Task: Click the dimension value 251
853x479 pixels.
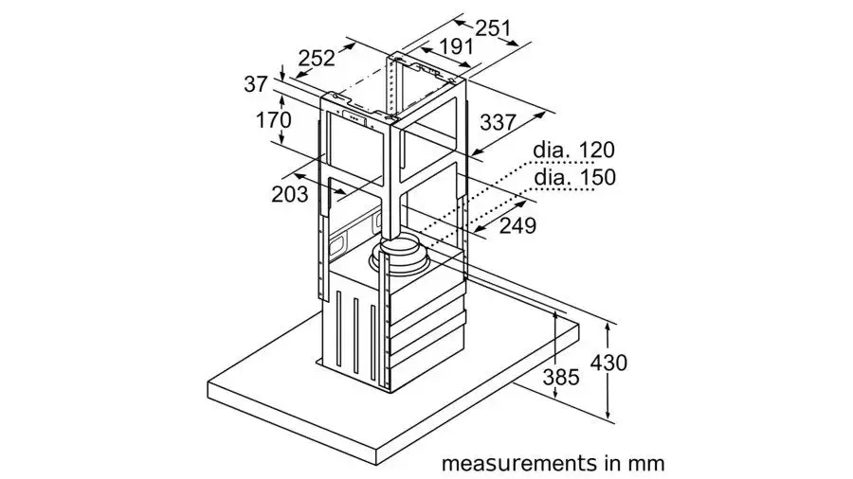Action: point(494,28)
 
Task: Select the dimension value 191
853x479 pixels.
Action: point(457,46)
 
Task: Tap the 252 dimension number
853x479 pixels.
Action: point(317,58)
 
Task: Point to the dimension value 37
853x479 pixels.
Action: point(256,84)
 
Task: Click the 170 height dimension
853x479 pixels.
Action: point(274,120)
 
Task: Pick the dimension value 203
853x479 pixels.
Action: point(290,194)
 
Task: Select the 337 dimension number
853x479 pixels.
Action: point(498,122)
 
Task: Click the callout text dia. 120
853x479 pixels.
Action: point(573,150)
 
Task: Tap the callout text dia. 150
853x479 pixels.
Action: point(575,177)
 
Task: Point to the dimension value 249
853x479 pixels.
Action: point(517,225)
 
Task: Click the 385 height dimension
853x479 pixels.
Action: point(561,377)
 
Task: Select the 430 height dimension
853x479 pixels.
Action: point(608,363)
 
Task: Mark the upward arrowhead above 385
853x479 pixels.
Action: point(554,315)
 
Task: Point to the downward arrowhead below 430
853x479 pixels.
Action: point(608,414)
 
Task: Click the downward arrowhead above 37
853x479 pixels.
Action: point(282,74)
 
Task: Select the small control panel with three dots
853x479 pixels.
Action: point(354,116)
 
